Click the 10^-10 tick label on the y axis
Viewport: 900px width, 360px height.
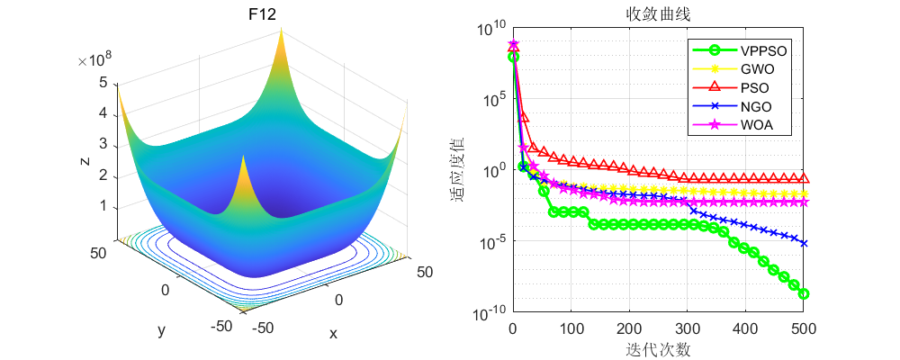pyautogui.click(x=485, y=315)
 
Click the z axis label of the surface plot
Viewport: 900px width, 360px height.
pyautogui.click(x=84, y=161)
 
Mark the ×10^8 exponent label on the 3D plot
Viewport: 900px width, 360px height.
pyautogui.click(x=94, y=61)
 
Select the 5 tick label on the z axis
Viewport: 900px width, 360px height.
pyautogui.click(x=103, y=83)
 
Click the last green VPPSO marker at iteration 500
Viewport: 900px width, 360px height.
pyautogui.click(x=804, y=294)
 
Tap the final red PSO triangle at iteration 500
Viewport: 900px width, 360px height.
pyautogui.click(x=804, y=178)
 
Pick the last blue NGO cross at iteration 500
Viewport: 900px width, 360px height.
pyautogui.click(x=804, y=243)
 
